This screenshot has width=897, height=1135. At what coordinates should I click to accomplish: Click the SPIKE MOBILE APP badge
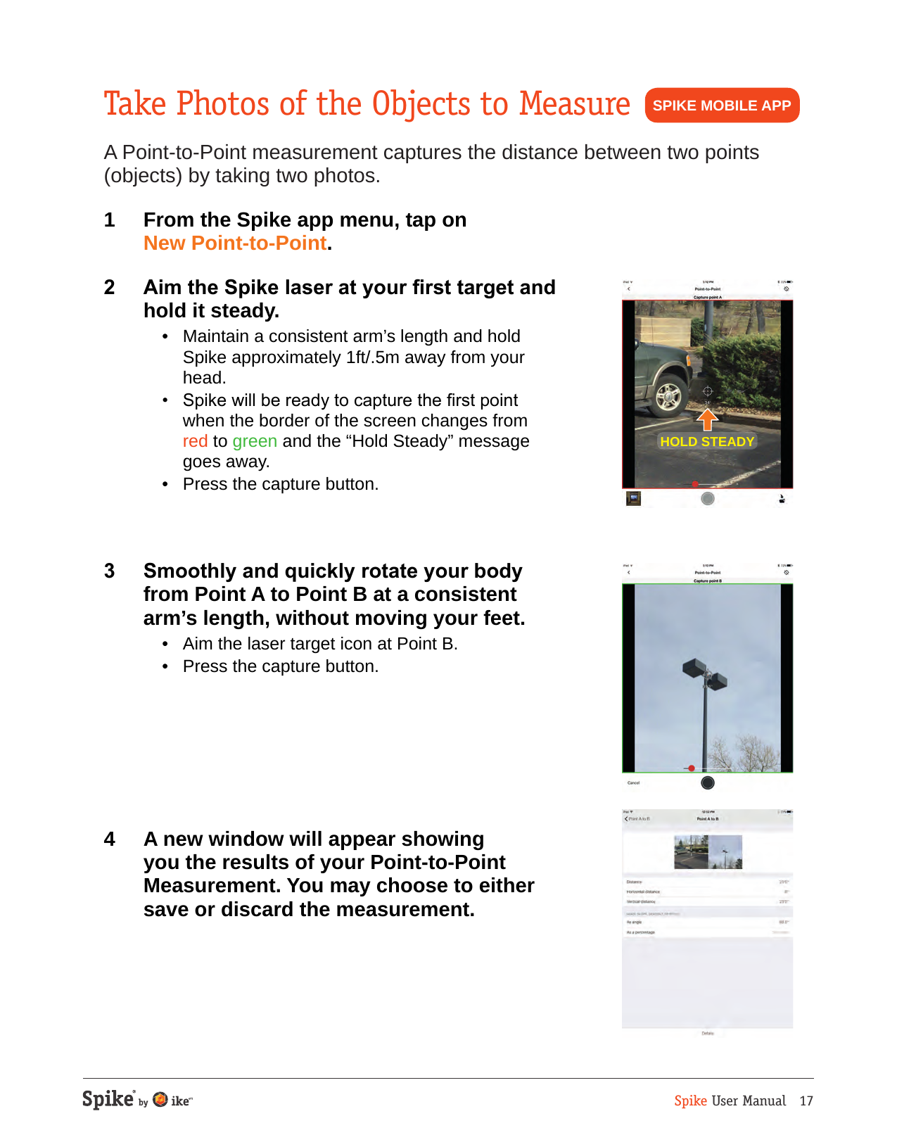[722, 106]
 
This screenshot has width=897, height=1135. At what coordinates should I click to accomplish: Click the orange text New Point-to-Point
[235, 243]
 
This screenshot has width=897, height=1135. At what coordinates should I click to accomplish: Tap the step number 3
[110, 571]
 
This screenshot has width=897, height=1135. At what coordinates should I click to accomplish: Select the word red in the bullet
[195, 441]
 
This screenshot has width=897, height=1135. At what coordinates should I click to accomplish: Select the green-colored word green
[255, 441]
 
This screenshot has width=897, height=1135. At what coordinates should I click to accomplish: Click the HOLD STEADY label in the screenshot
[707, 442]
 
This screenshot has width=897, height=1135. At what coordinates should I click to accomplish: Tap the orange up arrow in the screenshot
[707, 419]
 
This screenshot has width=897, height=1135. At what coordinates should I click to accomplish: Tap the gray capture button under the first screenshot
[708, 498]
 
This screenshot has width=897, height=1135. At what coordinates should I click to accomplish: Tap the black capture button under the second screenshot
[708, 782]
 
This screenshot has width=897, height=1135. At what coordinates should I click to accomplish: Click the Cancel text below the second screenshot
[633, 782]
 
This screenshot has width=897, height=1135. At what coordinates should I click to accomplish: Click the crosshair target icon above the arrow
[708, 391]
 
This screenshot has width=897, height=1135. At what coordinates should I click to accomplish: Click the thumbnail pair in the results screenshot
[708, 852]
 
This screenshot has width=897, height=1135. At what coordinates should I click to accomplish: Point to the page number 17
[806, 1101]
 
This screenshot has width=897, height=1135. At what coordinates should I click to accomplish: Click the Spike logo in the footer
[108, 1100]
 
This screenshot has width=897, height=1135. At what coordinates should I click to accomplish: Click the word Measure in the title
[574, 104]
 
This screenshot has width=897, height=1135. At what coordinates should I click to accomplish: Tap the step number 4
[110, 839]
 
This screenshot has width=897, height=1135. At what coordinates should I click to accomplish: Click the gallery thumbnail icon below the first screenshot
[633, 499]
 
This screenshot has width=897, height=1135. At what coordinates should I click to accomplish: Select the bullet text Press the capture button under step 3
[280, 666]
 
